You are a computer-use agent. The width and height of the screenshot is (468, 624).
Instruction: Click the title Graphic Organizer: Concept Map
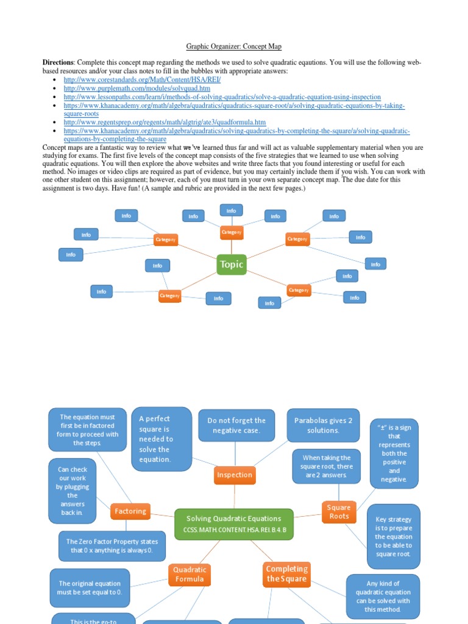click(x=233, y=46)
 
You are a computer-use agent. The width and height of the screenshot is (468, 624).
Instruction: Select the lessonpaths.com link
click(x=222, y=97)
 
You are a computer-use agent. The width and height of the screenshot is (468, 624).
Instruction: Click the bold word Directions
click(x=58, y=63)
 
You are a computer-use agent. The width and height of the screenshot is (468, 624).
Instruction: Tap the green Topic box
click(x=232, y=264)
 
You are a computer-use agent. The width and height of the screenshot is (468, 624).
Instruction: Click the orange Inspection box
click(x=235, y=475)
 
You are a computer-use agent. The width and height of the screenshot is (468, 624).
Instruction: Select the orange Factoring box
click(x=130, y=511)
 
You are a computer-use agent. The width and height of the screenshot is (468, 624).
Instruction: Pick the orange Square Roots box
click(x=339, y=512)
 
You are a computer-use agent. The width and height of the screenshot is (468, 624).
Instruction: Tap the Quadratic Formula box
click(x=190, y=574)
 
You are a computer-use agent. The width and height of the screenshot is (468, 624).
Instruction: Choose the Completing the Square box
click(x=286, y=574)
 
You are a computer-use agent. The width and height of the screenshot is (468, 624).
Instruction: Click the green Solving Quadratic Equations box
click(x=234, y=524)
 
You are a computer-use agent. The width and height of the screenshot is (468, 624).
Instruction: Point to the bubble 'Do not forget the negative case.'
click(x=236, y=425)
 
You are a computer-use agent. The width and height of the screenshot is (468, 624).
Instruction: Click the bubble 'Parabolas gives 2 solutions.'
click(x=323, y=425)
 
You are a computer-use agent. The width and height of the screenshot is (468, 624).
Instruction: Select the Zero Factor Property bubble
click(x=112, y=546)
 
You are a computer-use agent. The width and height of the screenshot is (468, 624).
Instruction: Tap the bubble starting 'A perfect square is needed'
click(x=161, y=439)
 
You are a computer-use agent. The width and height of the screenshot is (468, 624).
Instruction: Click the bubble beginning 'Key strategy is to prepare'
click(x=393, y=536)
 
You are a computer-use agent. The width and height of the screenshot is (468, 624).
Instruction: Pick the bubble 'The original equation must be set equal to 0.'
click(x=90, y=587)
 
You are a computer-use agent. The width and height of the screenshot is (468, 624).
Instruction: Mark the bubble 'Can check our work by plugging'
click(x=73, y=491)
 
